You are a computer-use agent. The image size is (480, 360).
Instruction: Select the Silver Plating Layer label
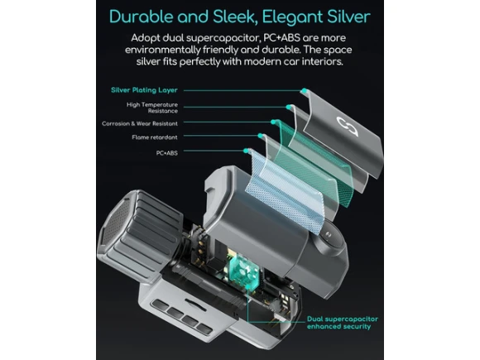[x=144, y=90]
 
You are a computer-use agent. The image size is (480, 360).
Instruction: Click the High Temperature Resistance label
[x=152, y=108]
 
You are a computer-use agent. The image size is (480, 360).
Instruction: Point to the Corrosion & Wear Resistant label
[x=140, y=123]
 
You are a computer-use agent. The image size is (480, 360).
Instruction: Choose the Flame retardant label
[x=155, y=137]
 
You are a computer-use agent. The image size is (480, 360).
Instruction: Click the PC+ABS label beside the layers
[x=167, y=153]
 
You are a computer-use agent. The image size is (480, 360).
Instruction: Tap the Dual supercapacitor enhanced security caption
[x=343, y=323]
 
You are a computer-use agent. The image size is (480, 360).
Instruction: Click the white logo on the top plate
[x=347, y=126]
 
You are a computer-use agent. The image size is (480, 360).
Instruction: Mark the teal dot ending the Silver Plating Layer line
[x=304, y=90]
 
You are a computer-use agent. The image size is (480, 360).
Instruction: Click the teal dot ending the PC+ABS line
[x=246, y=151]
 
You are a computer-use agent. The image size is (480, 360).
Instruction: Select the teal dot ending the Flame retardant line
[x=260, y=136]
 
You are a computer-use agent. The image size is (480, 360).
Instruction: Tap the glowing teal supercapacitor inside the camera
[x=244, y=271]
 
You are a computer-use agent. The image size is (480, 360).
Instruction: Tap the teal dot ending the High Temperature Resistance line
[x=289, y=107]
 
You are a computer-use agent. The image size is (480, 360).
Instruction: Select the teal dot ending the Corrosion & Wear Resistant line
[x=273, y=122]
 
